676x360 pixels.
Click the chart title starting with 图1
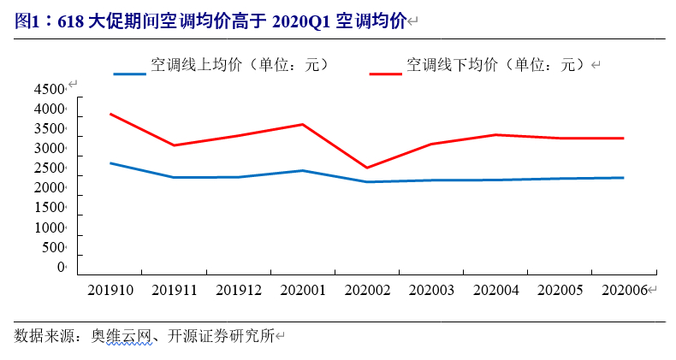(211, 21)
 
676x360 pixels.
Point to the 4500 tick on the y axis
(49, 90)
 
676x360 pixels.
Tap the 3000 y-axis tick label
(49, 149)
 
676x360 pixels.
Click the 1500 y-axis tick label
(49, 208)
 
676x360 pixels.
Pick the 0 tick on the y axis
(61, 268)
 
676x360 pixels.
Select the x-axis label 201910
(110, 291)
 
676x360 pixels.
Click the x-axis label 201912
(239, 291)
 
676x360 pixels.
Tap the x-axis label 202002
(367, 291)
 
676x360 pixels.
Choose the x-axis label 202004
(495, 291)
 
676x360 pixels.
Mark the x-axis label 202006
(624, 291)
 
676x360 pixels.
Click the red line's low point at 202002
(367, 168)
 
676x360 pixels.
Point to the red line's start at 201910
(110, 114)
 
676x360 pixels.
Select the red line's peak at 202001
(303, 124)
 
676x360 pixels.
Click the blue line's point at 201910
(110, 162)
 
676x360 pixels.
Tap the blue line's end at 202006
(624, 178)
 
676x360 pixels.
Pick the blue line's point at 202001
(303, 170)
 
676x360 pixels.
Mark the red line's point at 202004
(495, 134)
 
